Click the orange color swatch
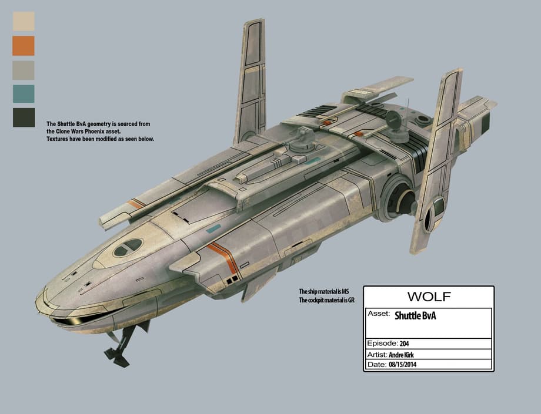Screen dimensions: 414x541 tap(24, 46)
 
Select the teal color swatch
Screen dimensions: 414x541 tap(24, 93)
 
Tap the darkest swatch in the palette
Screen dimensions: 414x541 tap(24, 117)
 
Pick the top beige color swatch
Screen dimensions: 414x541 tap(24, 22)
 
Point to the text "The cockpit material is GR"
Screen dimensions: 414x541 tap(327, 300)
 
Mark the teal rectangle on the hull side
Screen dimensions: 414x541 tap(213, 228)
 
